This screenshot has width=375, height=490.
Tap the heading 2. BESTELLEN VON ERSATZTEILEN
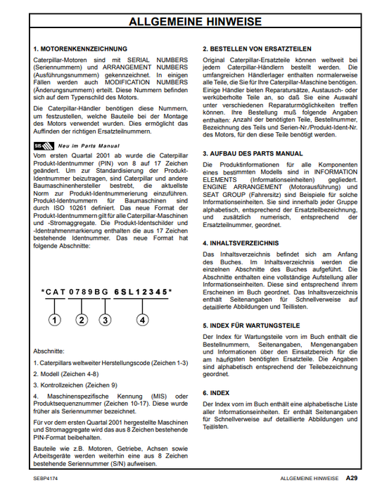256,49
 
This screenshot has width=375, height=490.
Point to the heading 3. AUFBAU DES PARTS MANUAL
253,153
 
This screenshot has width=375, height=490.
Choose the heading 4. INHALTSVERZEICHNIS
239,242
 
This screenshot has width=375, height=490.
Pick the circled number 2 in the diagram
82,320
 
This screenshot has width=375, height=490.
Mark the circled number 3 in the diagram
105,320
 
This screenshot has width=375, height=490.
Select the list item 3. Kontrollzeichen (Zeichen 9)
75,385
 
